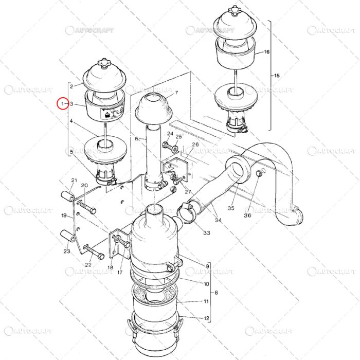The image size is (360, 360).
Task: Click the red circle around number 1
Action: [62, 104]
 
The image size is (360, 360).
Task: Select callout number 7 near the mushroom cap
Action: [176, 93]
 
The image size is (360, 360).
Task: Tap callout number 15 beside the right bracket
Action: [277, 76]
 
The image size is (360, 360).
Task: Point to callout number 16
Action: [266, 52]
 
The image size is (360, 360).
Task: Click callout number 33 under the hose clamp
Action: [206, 233]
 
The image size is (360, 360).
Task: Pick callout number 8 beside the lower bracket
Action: [217, 292]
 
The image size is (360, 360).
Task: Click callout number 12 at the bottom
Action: [206, 318]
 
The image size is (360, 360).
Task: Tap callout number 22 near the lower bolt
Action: [88, 264]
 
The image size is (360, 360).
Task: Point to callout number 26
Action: [195, 145]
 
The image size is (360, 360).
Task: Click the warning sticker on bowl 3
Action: [112, 113]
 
